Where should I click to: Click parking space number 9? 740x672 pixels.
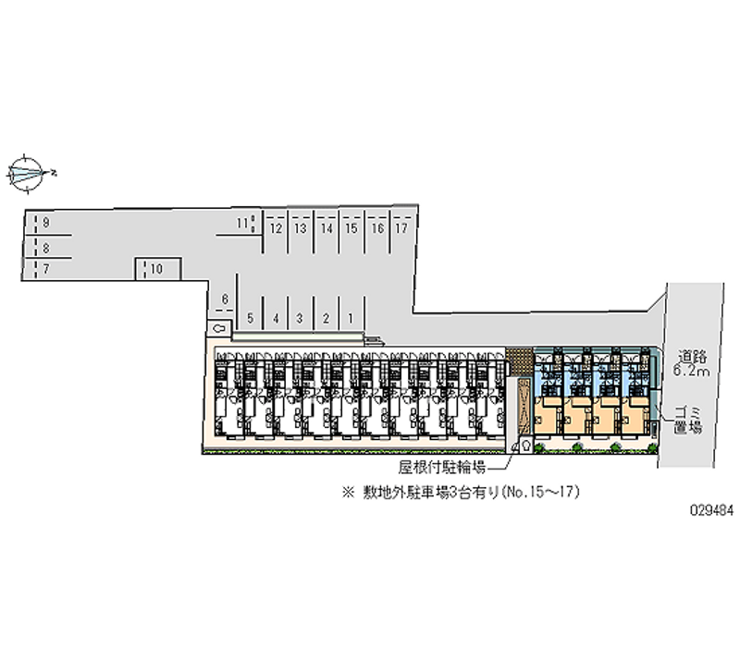tap(45, 224)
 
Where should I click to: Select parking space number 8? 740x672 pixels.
tap(45, 247)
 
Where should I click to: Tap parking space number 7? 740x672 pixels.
tap(45, 268)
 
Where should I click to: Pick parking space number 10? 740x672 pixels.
tap(157, 269)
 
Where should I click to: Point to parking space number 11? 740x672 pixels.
tap(240, 223)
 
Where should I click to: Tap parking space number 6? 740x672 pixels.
tap(224, 299)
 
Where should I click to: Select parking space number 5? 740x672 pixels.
tap(250, 318)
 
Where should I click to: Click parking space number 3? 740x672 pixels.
tap(300, 318)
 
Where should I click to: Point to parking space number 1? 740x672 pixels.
tap(351, 318)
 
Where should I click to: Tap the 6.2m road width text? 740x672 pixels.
tap(692, 372)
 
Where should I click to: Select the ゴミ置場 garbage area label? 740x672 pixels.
tap(686, 419)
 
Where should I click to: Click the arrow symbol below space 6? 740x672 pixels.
tap(219, 327)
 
